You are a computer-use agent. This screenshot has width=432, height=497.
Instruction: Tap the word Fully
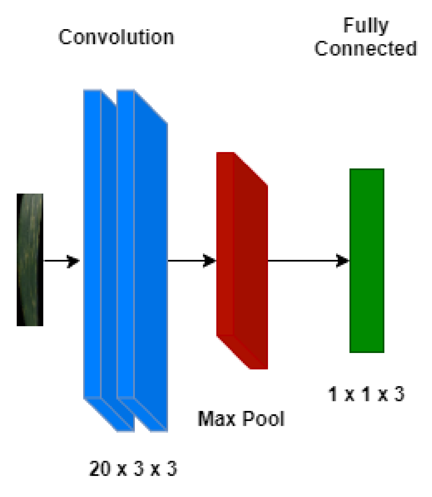click(x=366, y=25)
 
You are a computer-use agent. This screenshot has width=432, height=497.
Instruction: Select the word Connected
click(x=366, y=49)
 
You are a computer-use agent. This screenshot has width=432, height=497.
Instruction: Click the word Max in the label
click(x=216, y=419)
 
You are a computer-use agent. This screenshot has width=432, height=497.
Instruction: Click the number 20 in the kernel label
click(x=100, y=469)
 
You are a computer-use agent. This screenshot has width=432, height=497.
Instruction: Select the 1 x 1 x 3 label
click(x=366, y=394)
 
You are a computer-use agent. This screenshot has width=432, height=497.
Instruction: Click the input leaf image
click(x=30, y=260)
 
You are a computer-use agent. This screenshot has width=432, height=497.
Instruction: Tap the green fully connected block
click(x=367, y=261)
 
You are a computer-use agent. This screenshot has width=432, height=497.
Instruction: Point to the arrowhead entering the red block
click(x=210, y=261)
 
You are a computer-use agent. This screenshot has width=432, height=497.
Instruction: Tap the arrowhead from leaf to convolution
click(x=73, y=261)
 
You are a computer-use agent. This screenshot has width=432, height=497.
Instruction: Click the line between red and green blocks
click(x=302, y=261)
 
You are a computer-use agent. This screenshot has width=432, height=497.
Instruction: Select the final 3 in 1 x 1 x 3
click(x=399, y=394)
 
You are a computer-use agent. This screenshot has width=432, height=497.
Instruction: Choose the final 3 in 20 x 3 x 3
click(x=172, y=469)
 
